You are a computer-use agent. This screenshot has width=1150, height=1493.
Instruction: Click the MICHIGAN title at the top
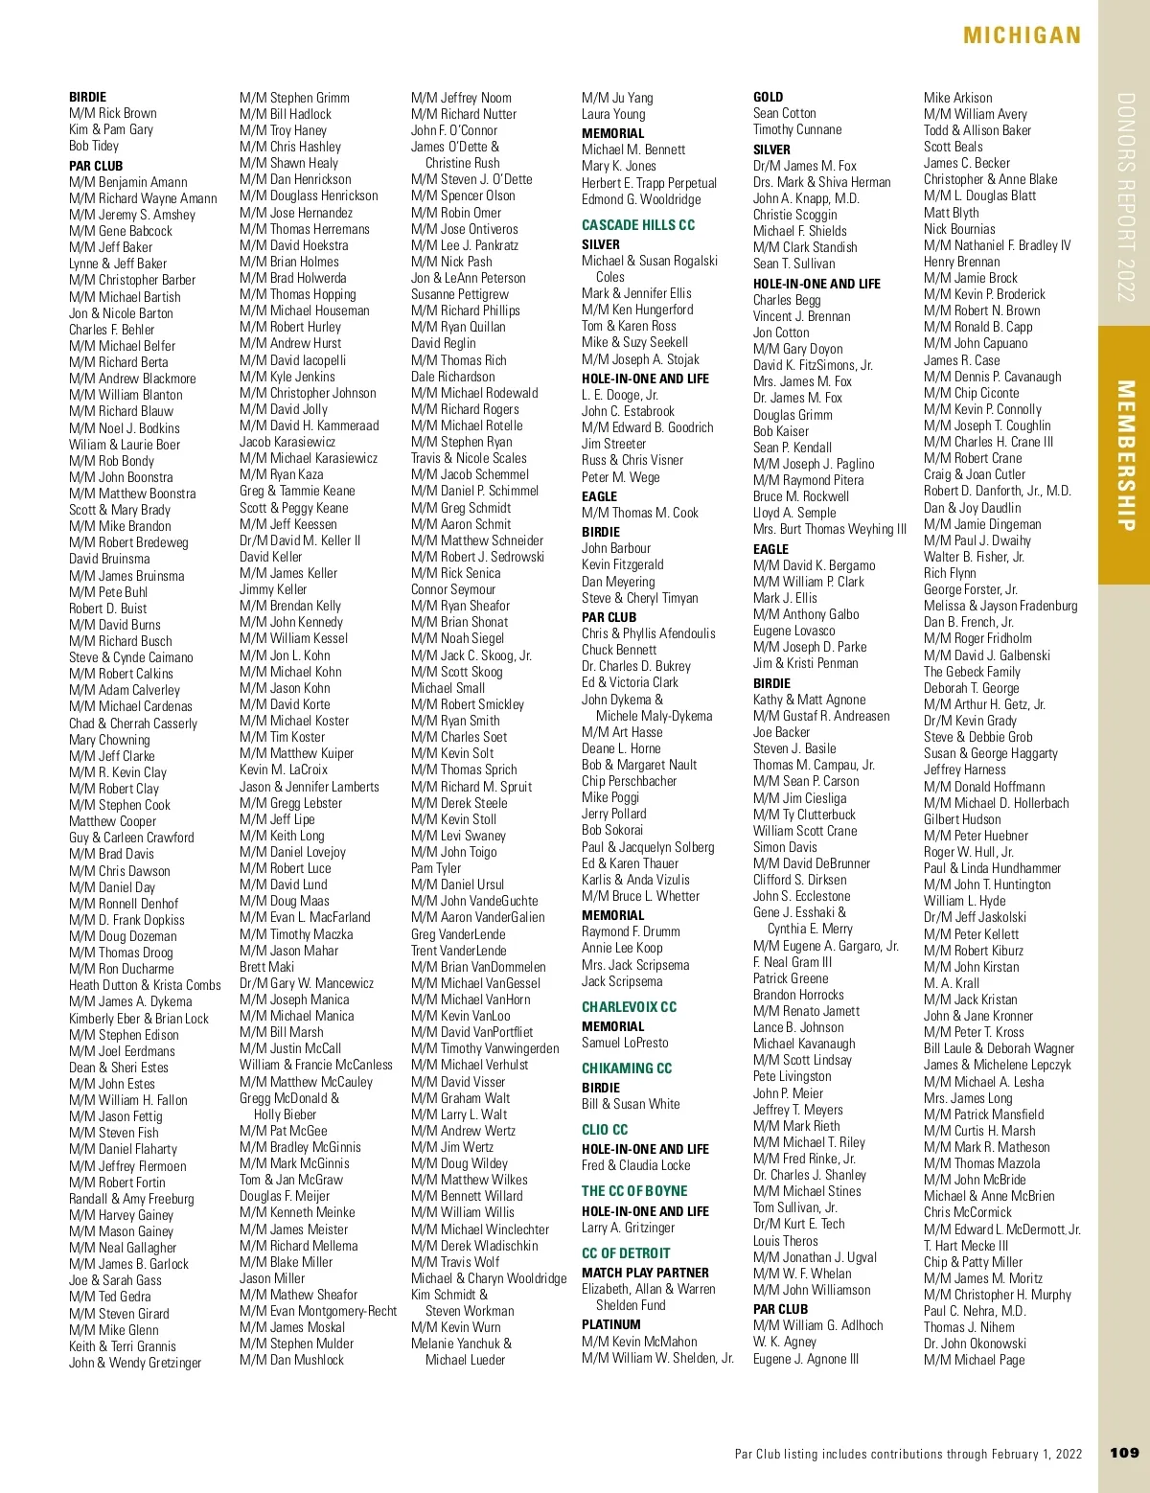pyautogui.click(x=1022, y=35)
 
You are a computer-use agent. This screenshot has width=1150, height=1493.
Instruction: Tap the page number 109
pyautogui.click(x=1124, y=1453)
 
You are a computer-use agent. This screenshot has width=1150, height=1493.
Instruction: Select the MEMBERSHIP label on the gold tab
pyautogui.click(x=1125, y=455)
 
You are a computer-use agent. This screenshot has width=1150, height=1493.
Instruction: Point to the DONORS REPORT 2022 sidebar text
pyautogui.click(x=1125, y=197)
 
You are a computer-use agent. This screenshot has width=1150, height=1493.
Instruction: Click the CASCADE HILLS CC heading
pyautogui.click(x=638, y=225)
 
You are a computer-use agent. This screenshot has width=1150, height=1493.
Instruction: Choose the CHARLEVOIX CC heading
pyautogui.click(x=629, y=1007)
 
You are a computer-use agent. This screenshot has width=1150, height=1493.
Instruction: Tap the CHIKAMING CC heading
pyautogui.click(x=627, y=1068)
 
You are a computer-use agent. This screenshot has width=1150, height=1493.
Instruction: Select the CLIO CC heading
pyautogui.click(x=605, y=1130)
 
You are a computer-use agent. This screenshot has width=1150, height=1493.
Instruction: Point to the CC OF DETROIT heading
pyautogui.click(x=626, y=1253)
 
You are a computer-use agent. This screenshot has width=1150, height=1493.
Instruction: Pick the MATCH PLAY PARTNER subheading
pyautogui.click(x=645, y=1273)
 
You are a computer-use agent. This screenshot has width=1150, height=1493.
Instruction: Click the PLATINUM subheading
pyautogui.click(x=610, y=1324)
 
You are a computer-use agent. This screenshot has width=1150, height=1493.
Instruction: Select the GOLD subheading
pyautogui.click(x=768, y=97)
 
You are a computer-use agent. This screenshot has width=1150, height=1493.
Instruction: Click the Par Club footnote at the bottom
pyautogui.click(x=908, y=1454)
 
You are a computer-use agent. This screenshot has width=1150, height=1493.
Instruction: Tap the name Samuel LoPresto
pyautogui.click(x=625, y=1043)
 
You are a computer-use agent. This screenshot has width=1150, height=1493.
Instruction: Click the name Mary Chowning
pyautogui.click(x=109, y=740)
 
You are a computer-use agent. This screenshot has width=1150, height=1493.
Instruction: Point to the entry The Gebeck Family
pyautogui.click(x=972, y=672)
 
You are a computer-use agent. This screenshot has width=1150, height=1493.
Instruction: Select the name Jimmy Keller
pyautogui.click(x=273, y=589)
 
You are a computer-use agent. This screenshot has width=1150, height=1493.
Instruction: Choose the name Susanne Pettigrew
pyautogui.click(x=460, y=294)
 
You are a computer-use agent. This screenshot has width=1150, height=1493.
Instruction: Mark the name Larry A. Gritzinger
pyautogui.click(x=628, y=1228)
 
